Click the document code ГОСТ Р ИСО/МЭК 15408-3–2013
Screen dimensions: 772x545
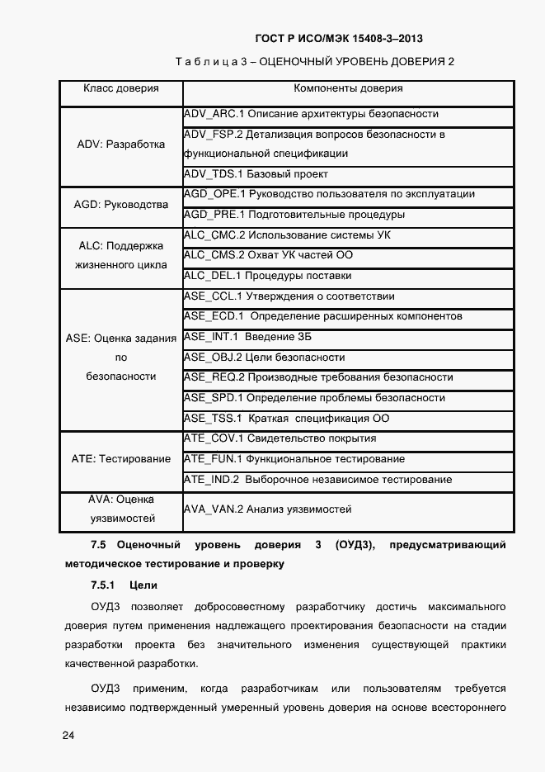[340, 38]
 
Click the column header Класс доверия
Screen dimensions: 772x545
[121, 88]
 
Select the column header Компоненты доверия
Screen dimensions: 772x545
[348, 88]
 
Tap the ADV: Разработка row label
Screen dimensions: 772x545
[121, 144]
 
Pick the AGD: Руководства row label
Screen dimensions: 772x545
[121, 205]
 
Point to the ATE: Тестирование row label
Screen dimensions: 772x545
[121, 459]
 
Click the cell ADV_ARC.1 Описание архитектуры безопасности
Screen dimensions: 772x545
[311, 114]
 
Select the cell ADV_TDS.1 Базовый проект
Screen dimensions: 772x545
[256, 174]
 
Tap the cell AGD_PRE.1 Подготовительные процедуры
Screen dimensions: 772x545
[294, 215]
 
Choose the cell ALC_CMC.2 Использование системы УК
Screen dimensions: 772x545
[287, 235]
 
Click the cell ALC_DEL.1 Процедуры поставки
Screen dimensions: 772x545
[268, 276]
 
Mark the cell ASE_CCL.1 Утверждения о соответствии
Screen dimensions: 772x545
[289, 296]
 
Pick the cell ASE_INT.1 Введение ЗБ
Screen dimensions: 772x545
[247, 337]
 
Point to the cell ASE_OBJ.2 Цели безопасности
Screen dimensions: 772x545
[264, 358]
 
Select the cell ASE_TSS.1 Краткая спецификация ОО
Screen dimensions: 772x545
[286, 419]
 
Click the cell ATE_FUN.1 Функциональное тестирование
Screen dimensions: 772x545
[294, 459]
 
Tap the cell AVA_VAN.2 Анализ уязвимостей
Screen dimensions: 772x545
[268, 509]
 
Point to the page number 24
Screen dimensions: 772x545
[68, 736]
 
